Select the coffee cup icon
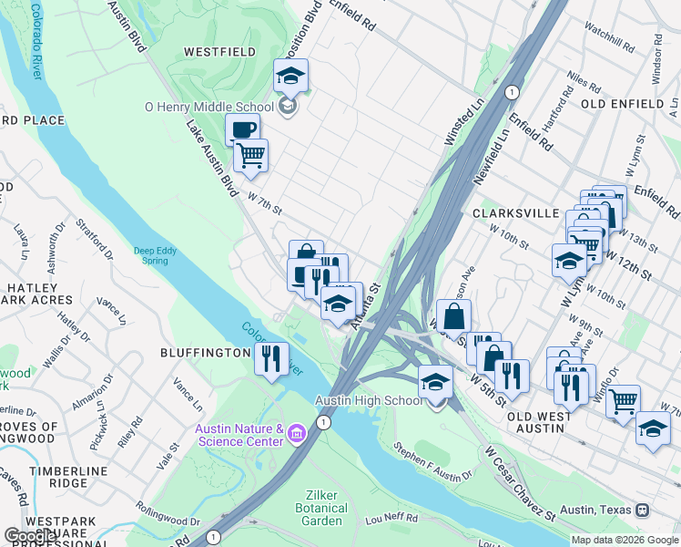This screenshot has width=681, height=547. click(x=242, y=129)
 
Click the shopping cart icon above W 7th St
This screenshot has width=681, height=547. click(x=250, y=154)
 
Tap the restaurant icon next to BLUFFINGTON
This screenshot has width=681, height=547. click(x=271, y=358)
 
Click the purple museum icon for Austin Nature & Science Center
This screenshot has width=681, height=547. click(x=297, y=430)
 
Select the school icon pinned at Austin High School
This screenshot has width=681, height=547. click(x=436, y=382)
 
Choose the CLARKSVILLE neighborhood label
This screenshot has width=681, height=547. click(x=515, y=212)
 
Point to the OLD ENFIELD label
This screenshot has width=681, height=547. click(x=628, y=104)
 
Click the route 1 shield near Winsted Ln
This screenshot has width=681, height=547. click(x=513, y=92)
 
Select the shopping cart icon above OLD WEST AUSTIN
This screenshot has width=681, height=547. click(x=623, y=401)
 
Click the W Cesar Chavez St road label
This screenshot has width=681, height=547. click(x=520, y=482)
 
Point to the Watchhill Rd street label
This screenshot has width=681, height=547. click(x=609, y=40)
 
